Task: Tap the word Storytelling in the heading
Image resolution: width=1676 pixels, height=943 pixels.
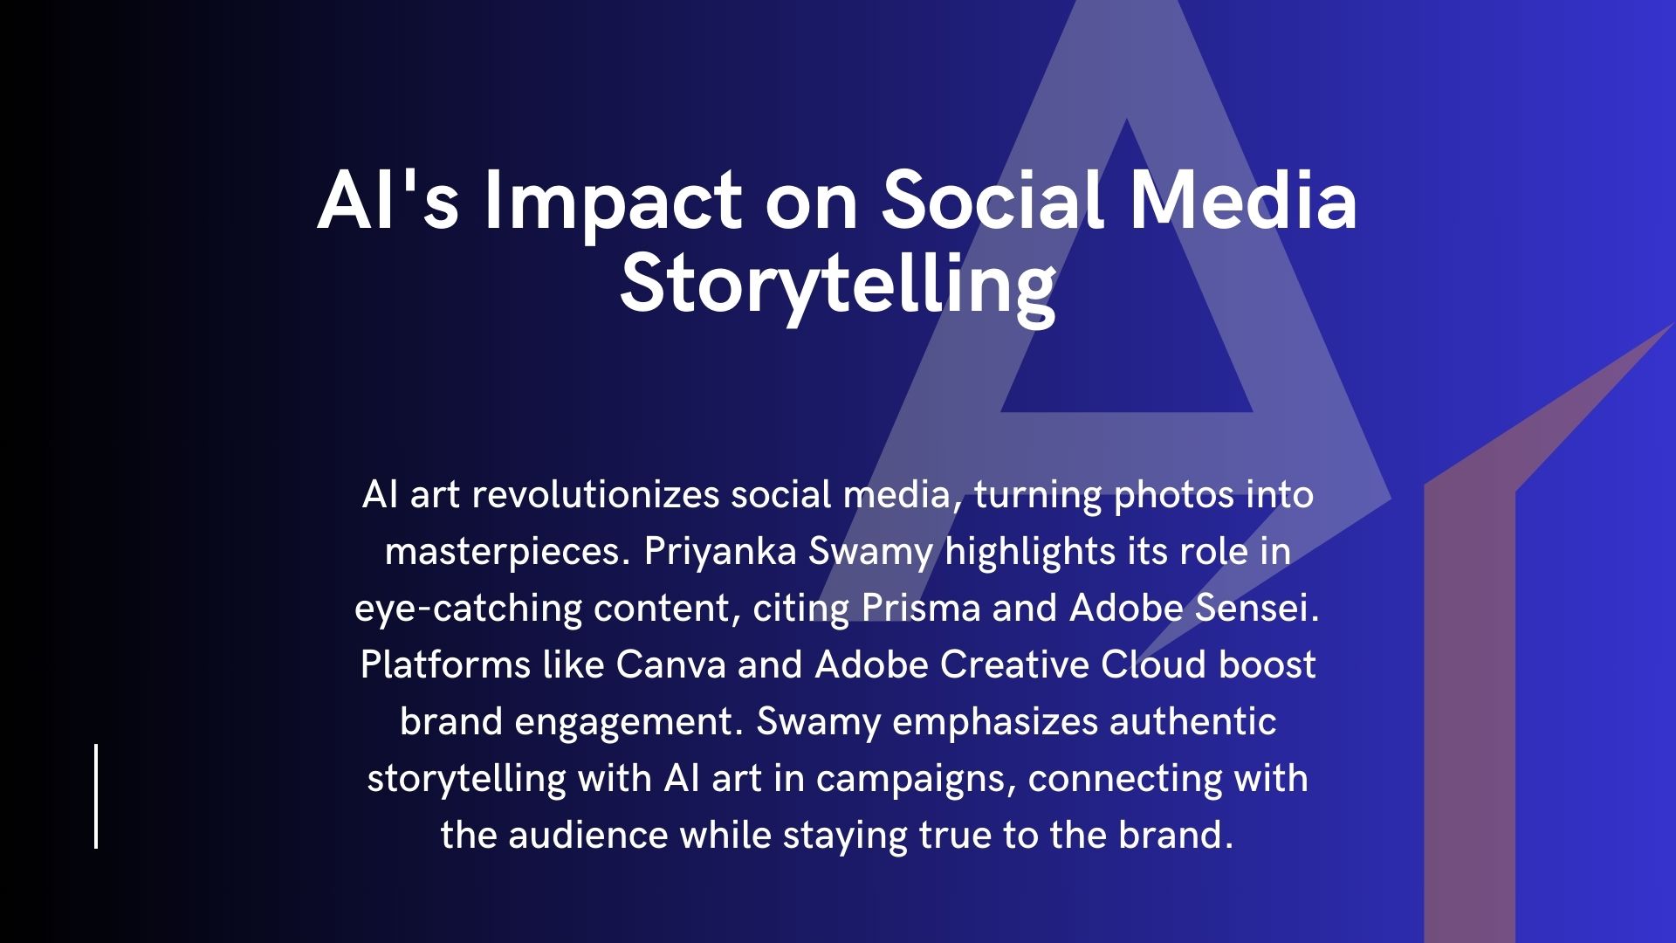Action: pos(838,287)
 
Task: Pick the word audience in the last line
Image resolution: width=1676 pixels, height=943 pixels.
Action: pos(588,836)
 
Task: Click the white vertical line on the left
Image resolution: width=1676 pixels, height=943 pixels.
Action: pos(96,796)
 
